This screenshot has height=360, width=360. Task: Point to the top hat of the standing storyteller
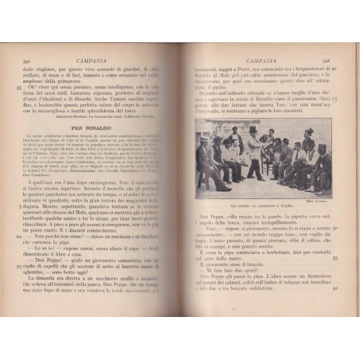(253, 130)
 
